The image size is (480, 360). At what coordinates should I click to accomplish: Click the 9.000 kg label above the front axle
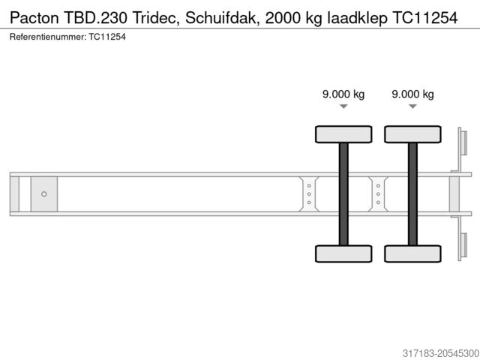[x=343, y=94]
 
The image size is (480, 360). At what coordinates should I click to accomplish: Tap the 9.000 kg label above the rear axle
[x=412, y=94]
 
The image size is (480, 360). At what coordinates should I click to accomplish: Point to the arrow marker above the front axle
[x=343, y=107]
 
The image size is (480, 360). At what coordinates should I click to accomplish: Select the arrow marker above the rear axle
[x=412, y=107]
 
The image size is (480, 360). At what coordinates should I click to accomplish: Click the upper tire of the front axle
[x=343, y=134]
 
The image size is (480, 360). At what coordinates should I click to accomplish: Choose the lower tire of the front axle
[x=343, y=253]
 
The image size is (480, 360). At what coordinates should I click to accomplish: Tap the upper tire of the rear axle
[x=412, y=134]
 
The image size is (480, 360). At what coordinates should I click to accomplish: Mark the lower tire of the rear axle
[x=412, y=253]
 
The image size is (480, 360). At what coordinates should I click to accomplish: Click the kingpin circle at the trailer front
[x=44, y=194]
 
